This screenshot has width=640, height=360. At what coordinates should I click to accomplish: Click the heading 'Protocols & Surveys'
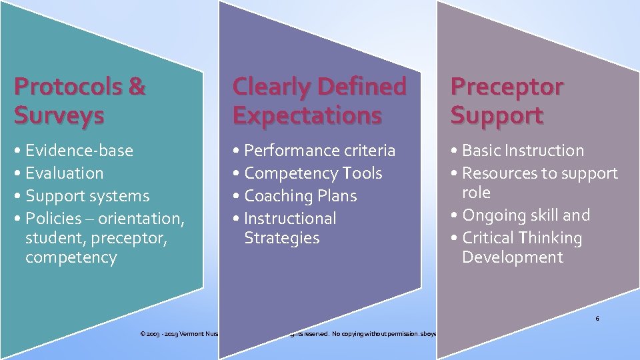[x=79, y=101]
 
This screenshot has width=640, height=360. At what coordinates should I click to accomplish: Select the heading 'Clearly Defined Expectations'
[x=319, y=101]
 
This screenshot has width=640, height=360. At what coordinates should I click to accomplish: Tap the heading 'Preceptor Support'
[x=507, y=101]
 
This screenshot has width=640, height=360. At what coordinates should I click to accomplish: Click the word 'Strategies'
[x=282, y=238]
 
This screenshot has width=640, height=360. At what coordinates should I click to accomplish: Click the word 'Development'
[x=513, y=257]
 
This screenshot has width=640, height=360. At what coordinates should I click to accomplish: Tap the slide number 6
[x=597, y=319]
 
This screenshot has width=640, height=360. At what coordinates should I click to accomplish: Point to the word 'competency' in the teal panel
[x=71, y=257]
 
